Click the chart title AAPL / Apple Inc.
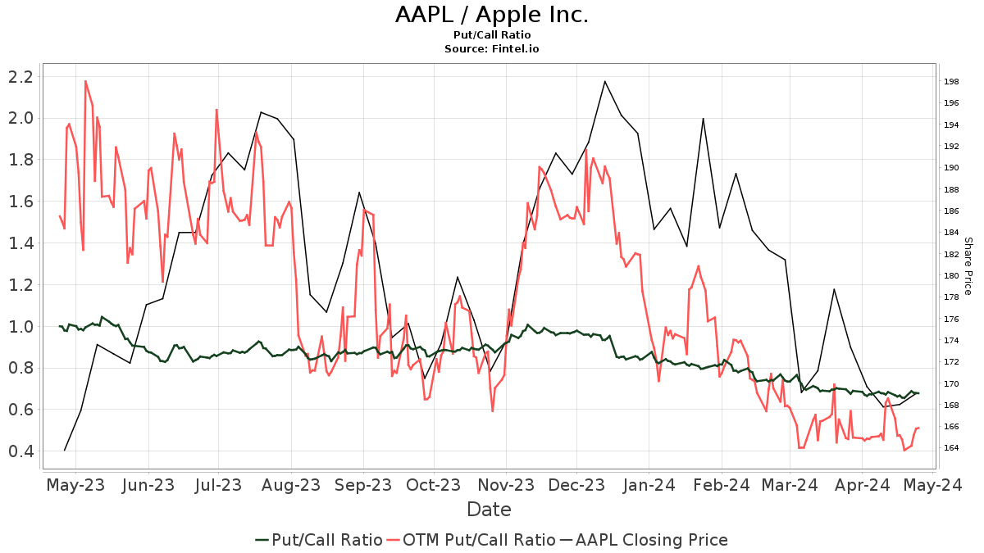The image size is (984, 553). coord(492,15)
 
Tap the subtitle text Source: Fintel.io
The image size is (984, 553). coord(492,49)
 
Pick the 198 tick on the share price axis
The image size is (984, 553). coord(952,81)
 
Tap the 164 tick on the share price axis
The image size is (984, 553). coord(952,448)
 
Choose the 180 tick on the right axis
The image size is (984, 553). coord(952,275)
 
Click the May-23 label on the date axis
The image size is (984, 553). coord(75,485)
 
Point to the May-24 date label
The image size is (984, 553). coord(933,485)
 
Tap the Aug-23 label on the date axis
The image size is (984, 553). coord(291,485)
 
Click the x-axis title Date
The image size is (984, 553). coord(489,510)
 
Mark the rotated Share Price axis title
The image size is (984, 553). coord(968,266)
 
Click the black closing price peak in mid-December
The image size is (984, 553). coord(604,81)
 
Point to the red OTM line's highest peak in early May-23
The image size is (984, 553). coord(85,81)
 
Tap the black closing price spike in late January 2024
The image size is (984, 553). coord(703,119)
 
